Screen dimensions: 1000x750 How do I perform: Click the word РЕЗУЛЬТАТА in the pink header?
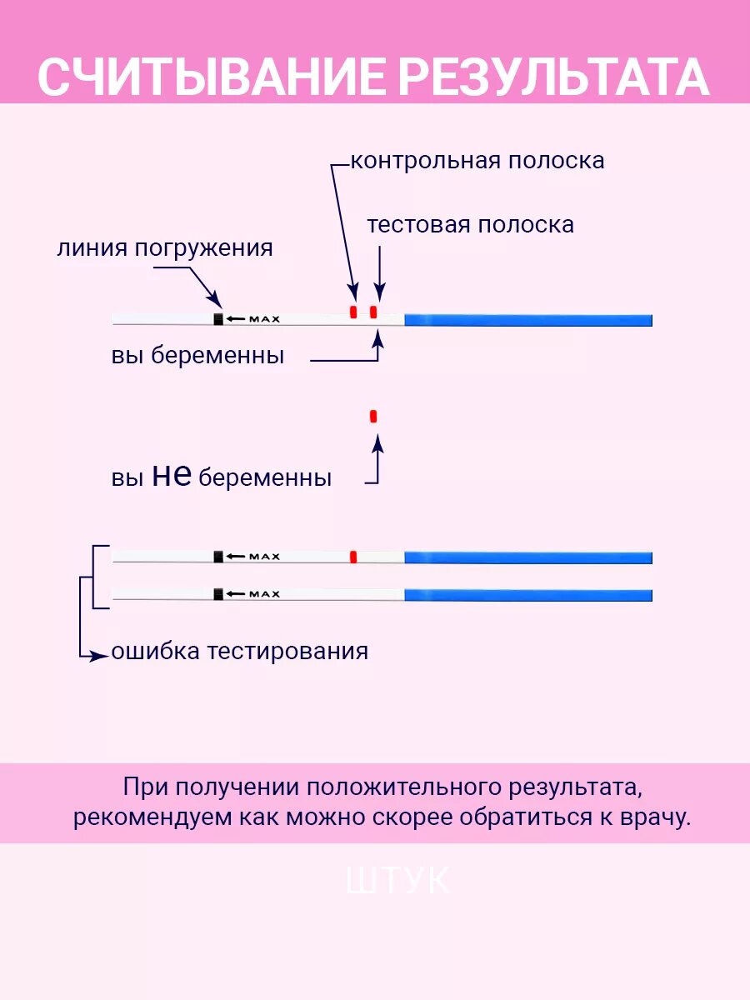point(552,77)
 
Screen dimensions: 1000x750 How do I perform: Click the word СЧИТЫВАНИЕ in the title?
point(212,77)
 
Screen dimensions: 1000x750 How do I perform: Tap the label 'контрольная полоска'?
point(477,160)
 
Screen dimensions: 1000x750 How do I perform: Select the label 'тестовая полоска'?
point(470,225)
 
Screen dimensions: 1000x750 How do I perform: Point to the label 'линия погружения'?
point(165,248)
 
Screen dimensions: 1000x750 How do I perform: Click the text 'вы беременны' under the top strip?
point(198,356)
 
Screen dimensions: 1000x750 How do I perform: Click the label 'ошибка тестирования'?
point(240,651)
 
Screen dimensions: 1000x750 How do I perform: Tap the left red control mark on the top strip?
point(353,312)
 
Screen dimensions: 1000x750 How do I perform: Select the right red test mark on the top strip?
point(373,312)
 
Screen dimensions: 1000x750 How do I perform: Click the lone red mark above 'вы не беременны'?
point(373,416)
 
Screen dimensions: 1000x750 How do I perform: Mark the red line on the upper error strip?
point(353,557)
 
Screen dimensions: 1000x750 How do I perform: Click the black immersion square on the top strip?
point(218,319)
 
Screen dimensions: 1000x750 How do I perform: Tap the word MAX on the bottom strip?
point(265,594)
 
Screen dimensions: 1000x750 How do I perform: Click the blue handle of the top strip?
point(527,320)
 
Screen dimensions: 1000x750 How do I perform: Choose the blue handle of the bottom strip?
point(527,595)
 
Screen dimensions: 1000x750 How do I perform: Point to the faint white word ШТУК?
point(397,882)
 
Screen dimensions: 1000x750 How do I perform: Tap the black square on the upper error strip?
point(218,557)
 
